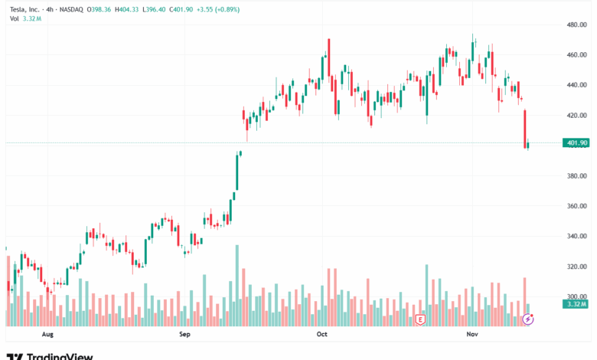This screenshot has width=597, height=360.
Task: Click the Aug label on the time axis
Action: point(47,335)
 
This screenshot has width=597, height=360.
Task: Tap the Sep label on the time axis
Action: point(184,335)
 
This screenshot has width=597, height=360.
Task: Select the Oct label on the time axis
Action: point(321,335)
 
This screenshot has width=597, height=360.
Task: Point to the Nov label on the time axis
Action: point(472,335)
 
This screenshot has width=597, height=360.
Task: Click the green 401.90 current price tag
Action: point(575,143)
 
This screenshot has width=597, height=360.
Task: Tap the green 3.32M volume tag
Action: point(575,305)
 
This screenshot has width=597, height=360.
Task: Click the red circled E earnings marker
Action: point(419,319)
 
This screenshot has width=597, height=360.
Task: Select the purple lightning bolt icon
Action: point(527,319)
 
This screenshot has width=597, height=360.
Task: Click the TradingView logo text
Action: point(60,356)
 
